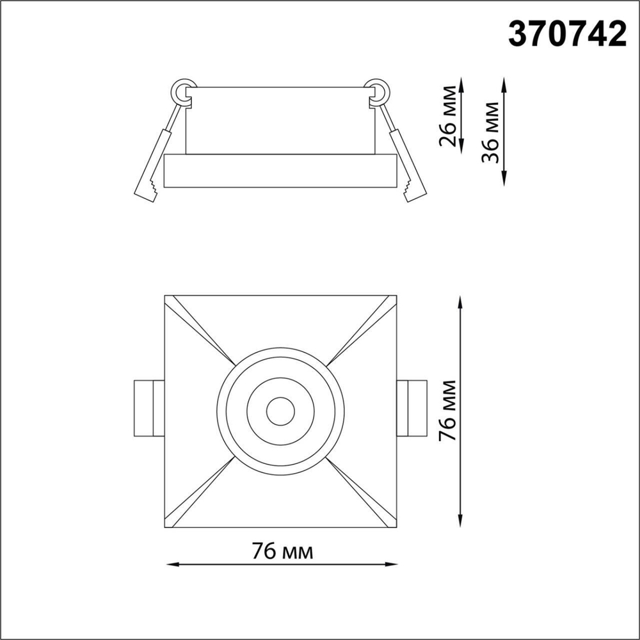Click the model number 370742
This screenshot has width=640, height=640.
click(567, 34)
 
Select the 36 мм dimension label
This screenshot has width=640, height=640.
click(492, 132)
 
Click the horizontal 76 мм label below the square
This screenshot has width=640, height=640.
click(282, 551)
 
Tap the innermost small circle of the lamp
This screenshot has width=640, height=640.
click(280, 412)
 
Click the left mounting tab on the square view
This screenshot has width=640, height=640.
click(148, 408)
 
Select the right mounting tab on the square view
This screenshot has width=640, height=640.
click(412, 408)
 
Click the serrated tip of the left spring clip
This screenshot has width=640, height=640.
click(148, 189)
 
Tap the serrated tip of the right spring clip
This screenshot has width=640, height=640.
click(413, 189)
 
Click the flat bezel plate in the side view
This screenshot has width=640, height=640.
click(280, 170)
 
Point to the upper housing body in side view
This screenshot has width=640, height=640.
click(280, 120)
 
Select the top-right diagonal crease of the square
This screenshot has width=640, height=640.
click(363, 328)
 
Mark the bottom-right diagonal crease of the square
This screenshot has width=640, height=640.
click(363, 494)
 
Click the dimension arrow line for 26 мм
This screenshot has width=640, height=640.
click(461, 122)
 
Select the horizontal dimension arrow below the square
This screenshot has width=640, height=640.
click(282, 564)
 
